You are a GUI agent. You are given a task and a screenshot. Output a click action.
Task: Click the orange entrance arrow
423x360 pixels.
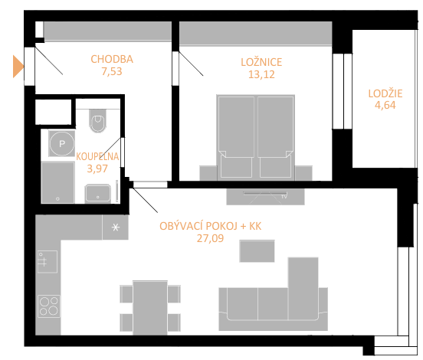(x=18, y=67)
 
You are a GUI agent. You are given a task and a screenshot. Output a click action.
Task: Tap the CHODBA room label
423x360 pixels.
(x=112, y=59)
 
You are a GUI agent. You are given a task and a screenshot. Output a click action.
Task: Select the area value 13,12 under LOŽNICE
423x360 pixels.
(x=261, y=74)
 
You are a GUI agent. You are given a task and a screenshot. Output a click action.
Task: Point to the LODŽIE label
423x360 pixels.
(x=385, y=93)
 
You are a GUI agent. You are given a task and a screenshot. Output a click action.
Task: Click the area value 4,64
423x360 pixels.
(x=385, y=105)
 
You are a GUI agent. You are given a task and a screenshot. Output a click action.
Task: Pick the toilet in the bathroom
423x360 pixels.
(x=97, y=121)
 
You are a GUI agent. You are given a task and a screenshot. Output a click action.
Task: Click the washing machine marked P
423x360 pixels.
(x=62, y=143)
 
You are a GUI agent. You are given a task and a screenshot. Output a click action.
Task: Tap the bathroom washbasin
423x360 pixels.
(x=97, y=194)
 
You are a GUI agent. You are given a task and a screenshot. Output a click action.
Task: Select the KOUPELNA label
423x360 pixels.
(x=97, y=157)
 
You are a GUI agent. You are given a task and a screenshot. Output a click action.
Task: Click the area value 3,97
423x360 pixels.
(x=97, y=169)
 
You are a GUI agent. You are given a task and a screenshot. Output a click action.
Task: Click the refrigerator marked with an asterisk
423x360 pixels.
(x=115, y=227)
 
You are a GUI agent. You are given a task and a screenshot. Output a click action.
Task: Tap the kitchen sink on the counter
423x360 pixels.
(x=48, y=262)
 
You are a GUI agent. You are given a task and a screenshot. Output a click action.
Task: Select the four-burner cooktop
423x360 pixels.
(x=49, y=306)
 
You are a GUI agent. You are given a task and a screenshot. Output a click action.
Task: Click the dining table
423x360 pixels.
(x=150, y=308)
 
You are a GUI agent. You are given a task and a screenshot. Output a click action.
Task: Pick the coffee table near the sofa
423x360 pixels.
(x=257, y=251)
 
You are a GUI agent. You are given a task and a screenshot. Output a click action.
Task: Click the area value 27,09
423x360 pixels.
(x=210, y=239)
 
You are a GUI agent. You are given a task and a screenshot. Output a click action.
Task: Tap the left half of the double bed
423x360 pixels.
(x=236, y=137)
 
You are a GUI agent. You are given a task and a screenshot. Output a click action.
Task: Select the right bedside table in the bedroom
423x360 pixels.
(x=303, y=173)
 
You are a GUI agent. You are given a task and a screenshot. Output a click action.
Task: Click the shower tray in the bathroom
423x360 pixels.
(x=57, y=182)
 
